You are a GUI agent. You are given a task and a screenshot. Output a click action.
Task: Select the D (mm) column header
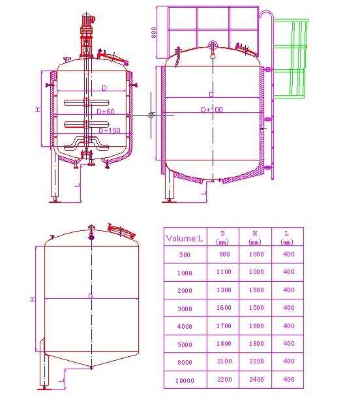click(x=222, y=237)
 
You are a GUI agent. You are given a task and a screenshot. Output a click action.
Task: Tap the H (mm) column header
click(x=255, y=237)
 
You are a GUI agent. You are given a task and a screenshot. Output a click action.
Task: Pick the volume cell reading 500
click(x=185, y=254)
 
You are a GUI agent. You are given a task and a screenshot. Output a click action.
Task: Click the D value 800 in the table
click(x=223, y=254)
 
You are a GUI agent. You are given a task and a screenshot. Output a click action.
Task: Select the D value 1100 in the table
click(x=223, y=272)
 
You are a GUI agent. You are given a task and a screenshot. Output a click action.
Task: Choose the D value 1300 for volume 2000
click(x=223, y=290)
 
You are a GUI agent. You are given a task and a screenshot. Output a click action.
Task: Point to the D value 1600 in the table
click(x=223, y=308)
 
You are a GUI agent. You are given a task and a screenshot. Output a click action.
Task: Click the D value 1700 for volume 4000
click(x=223, y=326)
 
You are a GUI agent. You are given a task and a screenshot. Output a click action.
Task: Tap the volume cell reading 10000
click(x=185, y=380)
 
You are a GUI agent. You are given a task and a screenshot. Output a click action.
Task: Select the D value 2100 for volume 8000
click(x=223, y=361)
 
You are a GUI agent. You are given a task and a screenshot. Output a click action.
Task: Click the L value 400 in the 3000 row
click(x=288, y=308)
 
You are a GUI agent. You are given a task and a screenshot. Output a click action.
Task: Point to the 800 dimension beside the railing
click(x=154, y=32)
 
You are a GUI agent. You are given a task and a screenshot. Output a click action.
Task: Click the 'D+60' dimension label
click(x=106, y=112)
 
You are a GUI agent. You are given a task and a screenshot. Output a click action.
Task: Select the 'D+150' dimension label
click(x=110, y=131)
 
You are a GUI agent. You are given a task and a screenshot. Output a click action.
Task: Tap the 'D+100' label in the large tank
click(x=211, y=110)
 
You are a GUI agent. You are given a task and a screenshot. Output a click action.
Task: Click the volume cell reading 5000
click(x=185, y=344)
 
